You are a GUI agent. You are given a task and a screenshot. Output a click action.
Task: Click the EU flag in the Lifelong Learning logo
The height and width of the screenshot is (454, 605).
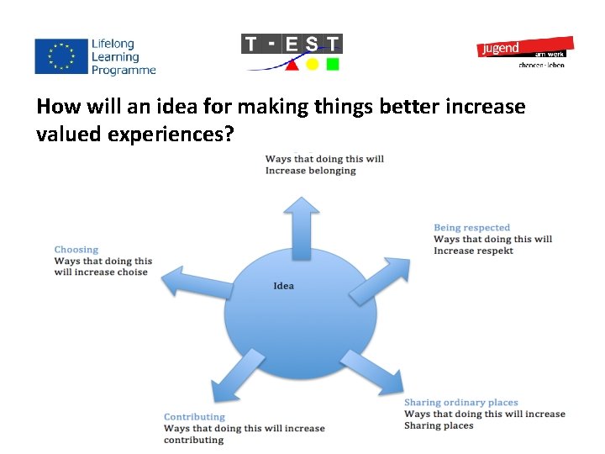60,55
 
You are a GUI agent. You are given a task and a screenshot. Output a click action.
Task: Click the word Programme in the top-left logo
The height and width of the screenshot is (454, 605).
124,71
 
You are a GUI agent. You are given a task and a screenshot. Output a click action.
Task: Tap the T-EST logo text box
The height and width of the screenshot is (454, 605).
292,44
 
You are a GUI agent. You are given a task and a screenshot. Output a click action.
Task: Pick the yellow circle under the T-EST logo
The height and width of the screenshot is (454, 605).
312,65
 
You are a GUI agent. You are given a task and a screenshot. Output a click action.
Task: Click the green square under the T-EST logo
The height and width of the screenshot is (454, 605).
333,64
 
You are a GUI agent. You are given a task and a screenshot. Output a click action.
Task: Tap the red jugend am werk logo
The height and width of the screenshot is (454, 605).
525,48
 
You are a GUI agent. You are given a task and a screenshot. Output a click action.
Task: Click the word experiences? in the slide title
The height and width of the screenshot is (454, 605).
176,134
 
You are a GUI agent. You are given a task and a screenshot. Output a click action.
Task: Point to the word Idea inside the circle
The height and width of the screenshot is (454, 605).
284,286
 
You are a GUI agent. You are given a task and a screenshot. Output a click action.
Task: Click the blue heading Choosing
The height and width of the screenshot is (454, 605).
76,250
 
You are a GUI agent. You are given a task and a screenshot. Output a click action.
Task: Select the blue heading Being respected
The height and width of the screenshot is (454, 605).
471,228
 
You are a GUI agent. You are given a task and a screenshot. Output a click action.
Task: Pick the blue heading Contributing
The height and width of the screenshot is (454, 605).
194,417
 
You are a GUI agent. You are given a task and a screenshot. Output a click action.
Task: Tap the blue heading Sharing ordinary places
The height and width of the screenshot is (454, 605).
460,403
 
